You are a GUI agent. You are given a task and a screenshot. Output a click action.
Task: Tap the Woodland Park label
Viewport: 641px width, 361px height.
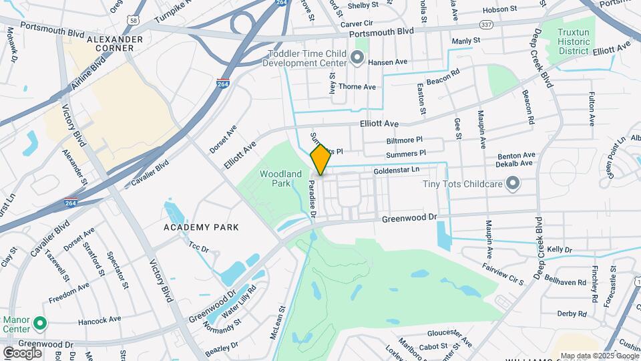tap(274, 178)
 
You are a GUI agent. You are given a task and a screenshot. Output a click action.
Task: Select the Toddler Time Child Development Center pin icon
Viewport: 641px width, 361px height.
tap(357, 59)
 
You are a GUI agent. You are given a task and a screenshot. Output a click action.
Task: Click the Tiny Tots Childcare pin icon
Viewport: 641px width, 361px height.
tap(513, 183)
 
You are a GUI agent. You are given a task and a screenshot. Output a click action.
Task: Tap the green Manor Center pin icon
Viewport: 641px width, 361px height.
tap(39, 324)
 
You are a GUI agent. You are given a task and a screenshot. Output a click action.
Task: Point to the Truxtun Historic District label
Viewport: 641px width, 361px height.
tap(574, 41)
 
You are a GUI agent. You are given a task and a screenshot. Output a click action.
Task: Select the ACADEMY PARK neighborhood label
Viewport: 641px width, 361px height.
tap(201, 227)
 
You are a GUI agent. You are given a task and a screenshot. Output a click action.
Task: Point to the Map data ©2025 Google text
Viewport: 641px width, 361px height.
tap(599, 356)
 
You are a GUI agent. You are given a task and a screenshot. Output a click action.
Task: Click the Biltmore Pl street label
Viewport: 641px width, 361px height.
tap(405, 140)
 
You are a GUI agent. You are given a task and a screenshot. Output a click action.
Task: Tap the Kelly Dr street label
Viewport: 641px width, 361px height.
tap(560, 249)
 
